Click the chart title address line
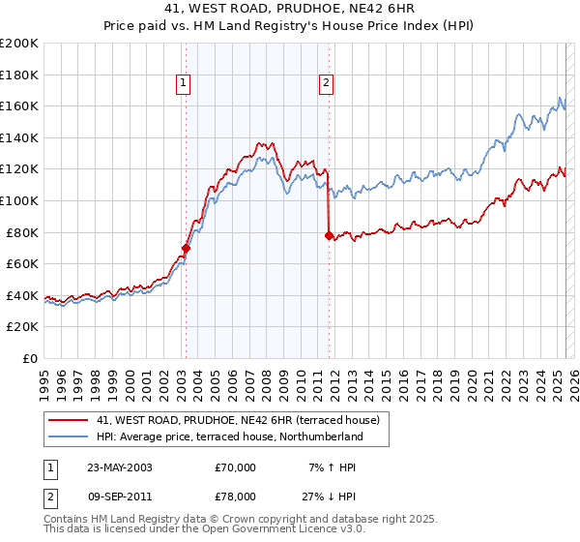pos(290,9)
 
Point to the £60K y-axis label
pos(22,263)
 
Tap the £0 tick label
pos(31,358)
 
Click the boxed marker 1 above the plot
pos(183,84)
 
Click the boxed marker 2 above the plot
pos(327,84)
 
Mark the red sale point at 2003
pos(186,248)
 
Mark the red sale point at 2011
pos(329,234)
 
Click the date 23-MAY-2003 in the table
pos(119,467)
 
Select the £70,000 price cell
pos(236,467)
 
